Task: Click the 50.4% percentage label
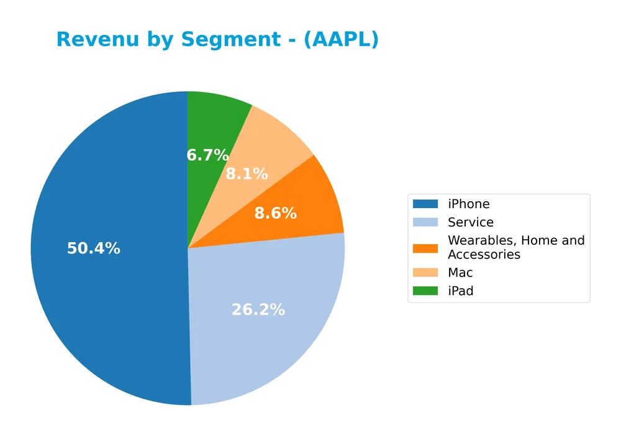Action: pos(94,248)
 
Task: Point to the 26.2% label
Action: pos(258,309)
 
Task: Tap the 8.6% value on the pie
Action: pos(276,214)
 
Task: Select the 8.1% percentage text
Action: pos(247,174)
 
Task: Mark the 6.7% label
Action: pos(208,155)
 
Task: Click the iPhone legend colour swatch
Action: pos(425,204)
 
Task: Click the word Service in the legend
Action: pos(471,222)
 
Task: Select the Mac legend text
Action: pos(460,273)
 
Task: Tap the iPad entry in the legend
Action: pos(460,291)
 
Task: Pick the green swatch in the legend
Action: pos(425,291)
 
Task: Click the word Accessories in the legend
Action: pos(484,255)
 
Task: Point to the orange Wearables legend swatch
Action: pos(425,248)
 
